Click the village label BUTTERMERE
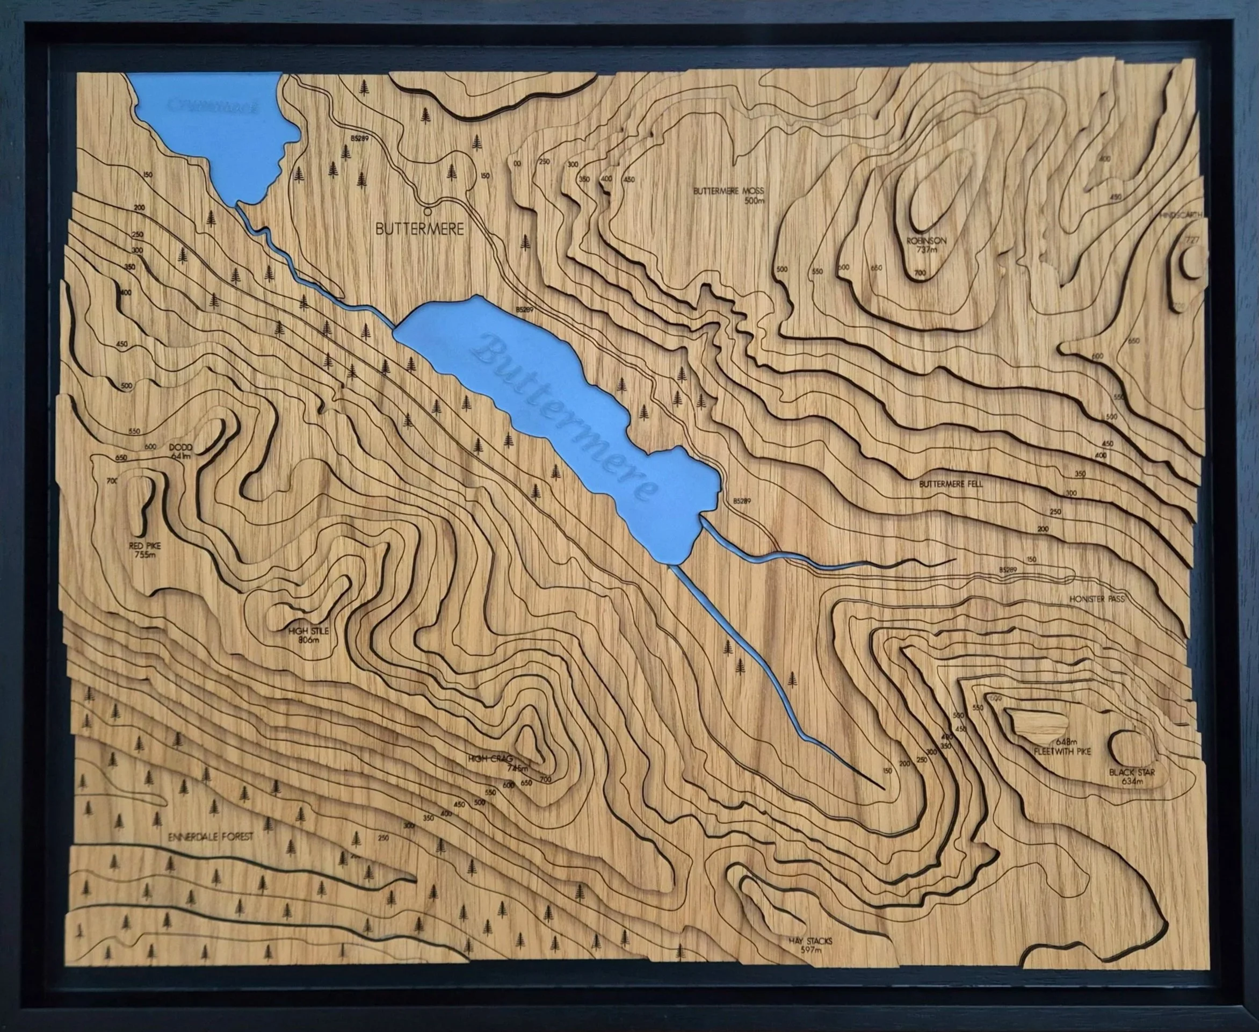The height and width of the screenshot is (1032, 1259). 419,229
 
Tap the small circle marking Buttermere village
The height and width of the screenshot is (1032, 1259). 427,211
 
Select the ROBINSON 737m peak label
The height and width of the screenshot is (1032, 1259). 926,246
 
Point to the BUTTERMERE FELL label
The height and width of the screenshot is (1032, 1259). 951,484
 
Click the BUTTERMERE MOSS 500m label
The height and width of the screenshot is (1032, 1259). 728,196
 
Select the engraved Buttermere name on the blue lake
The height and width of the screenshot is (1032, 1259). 565,416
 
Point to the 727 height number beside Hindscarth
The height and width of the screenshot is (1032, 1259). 1191,240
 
